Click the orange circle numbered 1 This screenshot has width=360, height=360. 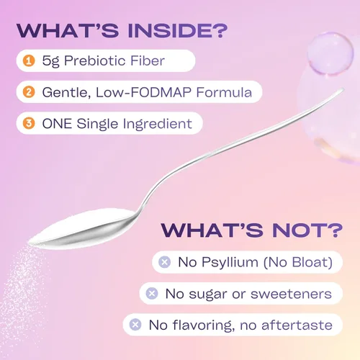[x=29, y=60]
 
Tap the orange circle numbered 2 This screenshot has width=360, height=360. [x=29, y=92]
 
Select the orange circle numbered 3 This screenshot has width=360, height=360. [x=29, y=123]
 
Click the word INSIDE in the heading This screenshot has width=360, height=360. [x=171, y=30]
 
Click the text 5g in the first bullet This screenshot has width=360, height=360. [x=50, y=61]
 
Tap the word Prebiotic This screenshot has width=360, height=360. [x=94, y=60]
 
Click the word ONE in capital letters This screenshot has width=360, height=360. [x=57, y=124]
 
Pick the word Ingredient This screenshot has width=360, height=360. [x=158, y=125]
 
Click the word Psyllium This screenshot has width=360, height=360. [x=230, y=262]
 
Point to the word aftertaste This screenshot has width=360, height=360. [x=297, y=325]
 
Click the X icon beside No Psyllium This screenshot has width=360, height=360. [x=165, y=262]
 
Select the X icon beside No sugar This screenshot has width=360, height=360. [x=152, y=293]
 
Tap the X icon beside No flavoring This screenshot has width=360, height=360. [x=135, y=325]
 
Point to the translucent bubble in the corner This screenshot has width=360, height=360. [x=330, y=53]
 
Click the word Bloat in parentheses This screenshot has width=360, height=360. [x=311, y=262]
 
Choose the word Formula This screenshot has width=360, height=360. [x=224, y=92]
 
